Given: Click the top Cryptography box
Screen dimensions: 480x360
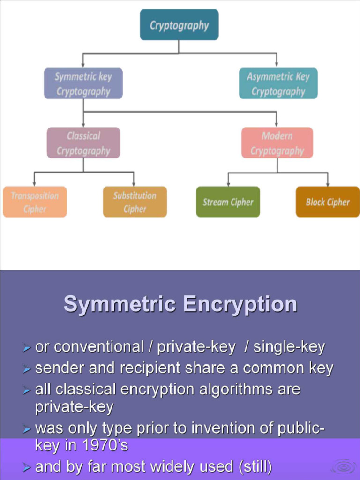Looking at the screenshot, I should tap(179, 25).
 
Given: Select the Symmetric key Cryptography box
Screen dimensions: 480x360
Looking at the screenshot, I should tap(83, 83).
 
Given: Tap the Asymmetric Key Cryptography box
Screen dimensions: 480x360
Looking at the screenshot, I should tap(278, 83).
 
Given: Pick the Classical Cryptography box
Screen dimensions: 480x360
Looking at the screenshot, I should tap(83, 142).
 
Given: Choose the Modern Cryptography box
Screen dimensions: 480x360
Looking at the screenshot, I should tap(277, 142).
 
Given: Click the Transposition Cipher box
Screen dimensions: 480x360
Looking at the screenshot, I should tap(35, 202).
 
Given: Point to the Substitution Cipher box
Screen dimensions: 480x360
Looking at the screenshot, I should tap(135, 202).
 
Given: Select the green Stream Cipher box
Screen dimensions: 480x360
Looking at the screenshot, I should tap(228, 202).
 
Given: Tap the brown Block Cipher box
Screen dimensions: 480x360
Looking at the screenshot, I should tap(328, 202).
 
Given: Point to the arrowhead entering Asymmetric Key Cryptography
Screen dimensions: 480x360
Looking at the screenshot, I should tap(277, 65).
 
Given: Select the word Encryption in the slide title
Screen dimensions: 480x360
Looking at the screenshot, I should tap(240, 304).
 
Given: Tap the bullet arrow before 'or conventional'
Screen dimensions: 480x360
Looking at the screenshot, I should tap(27, 348).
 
